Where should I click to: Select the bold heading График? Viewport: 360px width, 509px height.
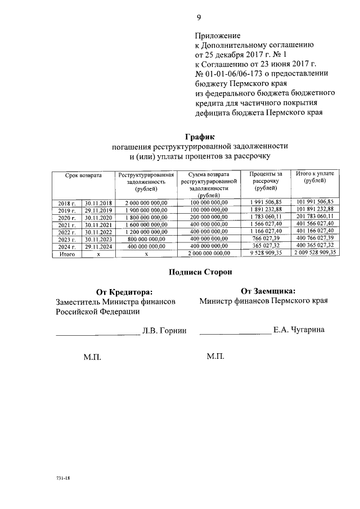(x=200, y=136)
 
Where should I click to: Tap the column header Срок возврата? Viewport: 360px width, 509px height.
(x=83, y=176)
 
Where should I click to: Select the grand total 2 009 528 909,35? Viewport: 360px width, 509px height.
(x=314, y=254)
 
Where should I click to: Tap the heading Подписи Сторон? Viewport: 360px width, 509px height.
(x=200, y=272)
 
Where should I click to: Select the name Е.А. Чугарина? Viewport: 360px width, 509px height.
(x=299, y=330)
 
